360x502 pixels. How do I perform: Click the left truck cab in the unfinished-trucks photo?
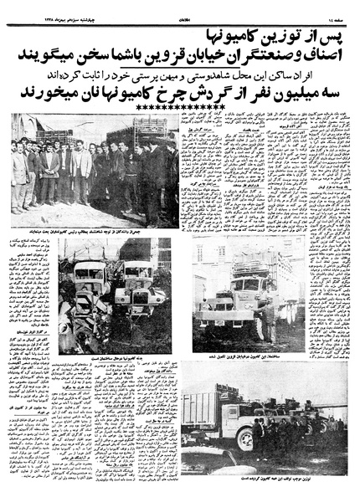89,284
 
